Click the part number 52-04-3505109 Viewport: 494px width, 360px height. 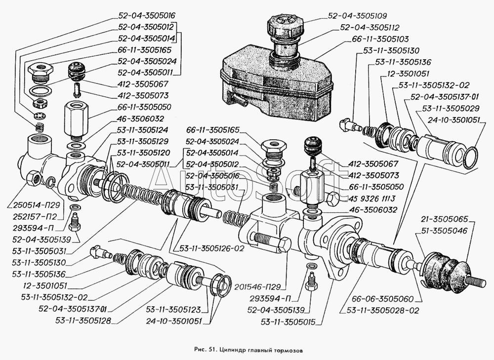click(357, 16)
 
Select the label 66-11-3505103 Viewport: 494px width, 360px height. click(380, 39)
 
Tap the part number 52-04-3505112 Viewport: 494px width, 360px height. click(370, 28)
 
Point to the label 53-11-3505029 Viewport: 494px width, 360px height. click(451, 109)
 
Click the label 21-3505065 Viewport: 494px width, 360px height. click(445, 220)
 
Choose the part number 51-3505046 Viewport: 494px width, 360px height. click(444, 231)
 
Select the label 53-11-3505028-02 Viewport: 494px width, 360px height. click(383, 311)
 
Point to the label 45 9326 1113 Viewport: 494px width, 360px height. click(372, 199)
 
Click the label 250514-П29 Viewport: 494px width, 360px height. click(36, 205)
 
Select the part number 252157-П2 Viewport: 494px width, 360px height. click(35, 217)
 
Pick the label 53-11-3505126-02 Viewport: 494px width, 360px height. click(212, 248)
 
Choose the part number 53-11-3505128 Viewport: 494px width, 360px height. click(83, 320)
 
